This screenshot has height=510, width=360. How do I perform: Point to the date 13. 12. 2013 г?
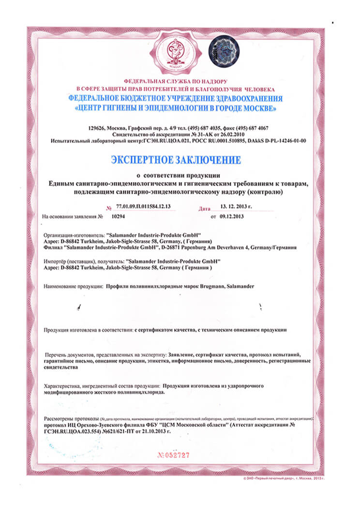coord(236,206)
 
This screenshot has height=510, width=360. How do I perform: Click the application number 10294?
coord(118,216)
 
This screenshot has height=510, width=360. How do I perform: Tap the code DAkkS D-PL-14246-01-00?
coord(276,140)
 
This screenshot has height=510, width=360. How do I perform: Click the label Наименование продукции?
coord(73,286)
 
